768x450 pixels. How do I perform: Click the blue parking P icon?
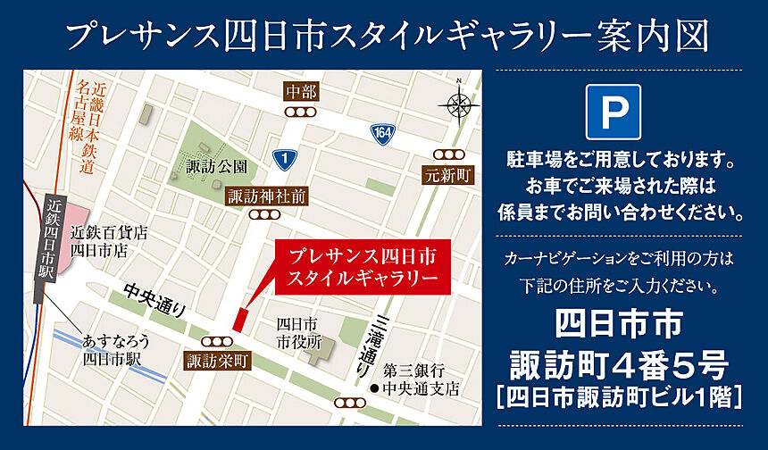click(x=614, y=112)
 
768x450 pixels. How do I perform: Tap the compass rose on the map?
click(x=458, y=104)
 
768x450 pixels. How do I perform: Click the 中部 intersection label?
click(x=302, y=92)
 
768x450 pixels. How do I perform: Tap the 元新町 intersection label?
click(x=447, y=174)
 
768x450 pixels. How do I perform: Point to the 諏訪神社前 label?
click(x=267, y=196)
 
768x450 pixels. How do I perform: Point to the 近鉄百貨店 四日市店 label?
click(x=110, y=242)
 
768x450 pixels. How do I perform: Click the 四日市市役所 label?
click(x=297, y=331)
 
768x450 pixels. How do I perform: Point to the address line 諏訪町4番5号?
click(x=618, y=364)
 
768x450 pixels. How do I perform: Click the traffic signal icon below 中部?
click(x=302, y=112)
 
